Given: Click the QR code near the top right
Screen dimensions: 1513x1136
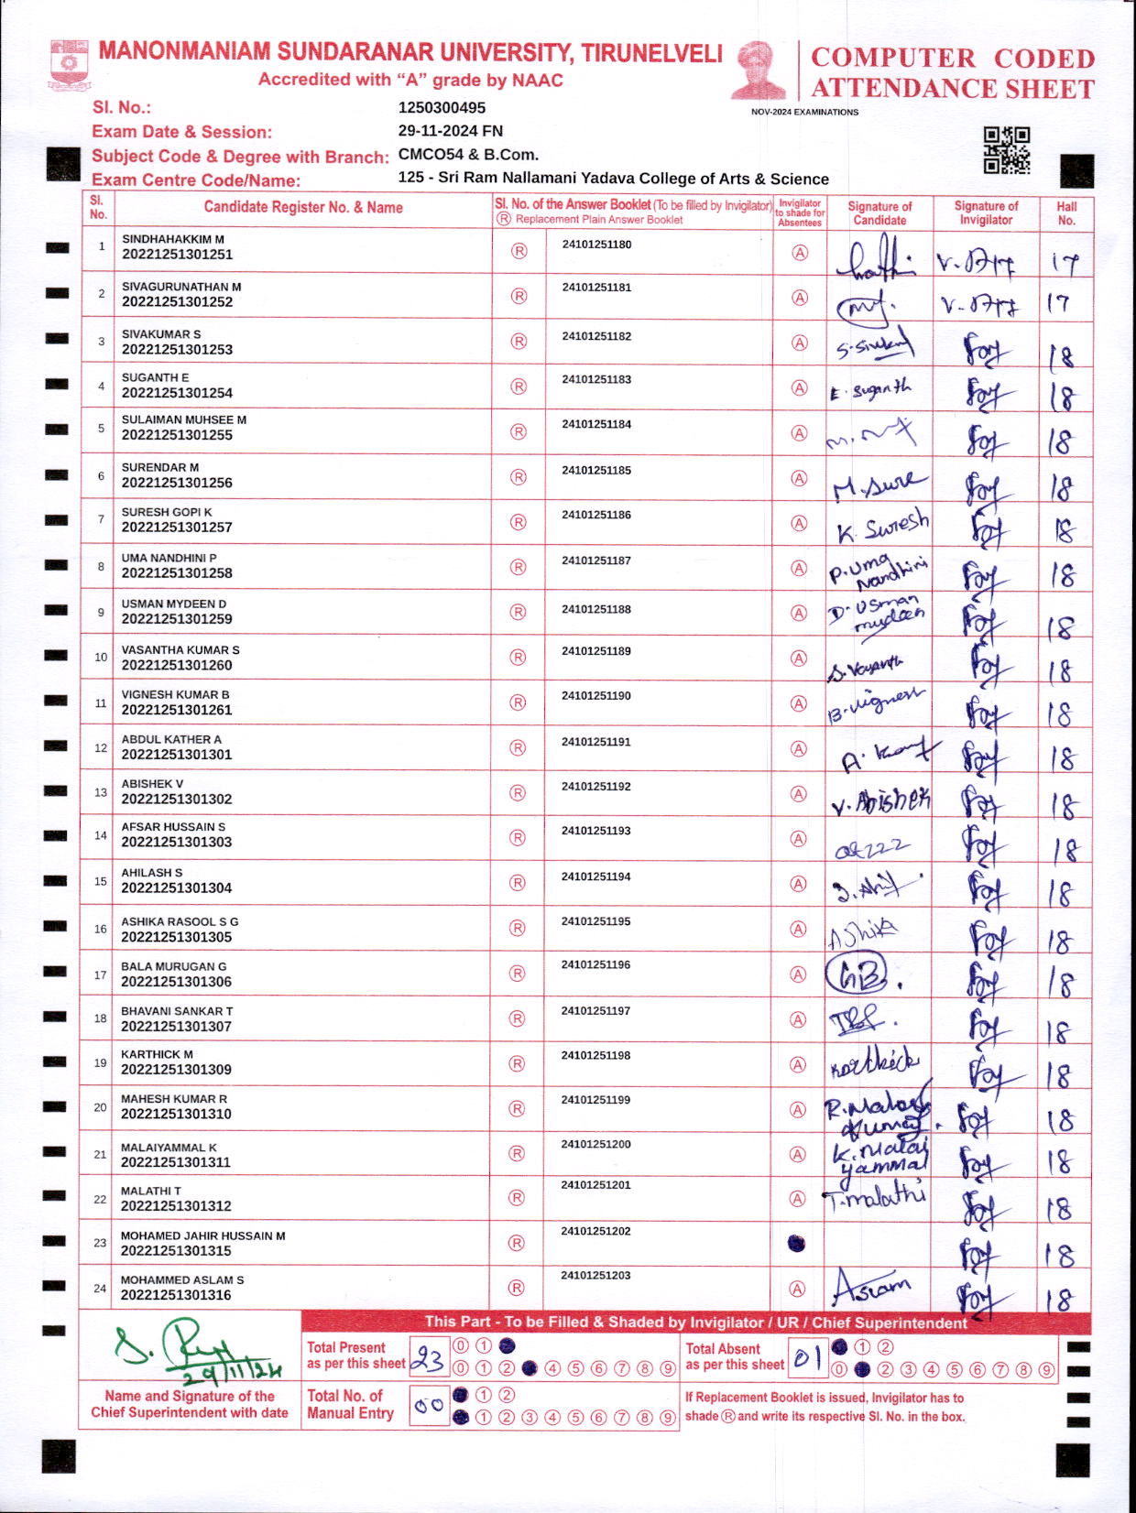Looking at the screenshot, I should point(1006,150).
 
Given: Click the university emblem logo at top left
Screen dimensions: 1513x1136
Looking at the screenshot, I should point(69,62).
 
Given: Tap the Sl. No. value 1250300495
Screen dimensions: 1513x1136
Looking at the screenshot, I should point(442,107).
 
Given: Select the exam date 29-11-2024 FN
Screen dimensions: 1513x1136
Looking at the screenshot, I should point(450,131).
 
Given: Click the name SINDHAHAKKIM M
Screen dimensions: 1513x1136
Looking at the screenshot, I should point(173,239).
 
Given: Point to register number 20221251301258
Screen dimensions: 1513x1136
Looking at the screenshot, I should point(177,573).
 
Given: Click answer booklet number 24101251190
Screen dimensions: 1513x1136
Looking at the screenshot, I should point(596,696).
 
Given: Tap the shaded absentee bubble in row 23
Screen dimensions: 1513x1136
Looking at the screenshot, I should point(796,1243).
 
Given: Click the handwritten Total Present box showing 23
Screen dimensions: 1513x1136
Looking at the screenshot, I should point(428,1359).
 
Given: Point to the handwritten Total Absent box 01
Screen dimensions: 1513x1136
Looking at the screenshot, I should point(806,1359).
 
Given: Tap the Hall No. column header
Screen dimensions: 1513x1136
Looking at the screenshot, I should point(1065,212).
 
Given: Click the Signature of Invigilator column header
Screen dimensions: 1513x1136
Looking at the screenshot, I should point(985,212).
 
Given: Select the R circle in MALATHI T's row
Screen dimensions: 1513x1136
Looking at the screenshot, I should point(518,1198).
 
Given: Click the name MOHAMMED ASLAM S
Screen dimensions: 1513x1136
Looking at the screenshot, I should point(182,1279).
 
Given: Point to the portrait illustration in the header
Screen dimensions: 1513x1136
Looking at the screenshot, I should point(759,70).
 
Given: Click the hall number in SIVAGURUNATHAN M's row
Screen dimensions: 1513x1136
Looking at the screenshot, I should point(1060,302).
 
